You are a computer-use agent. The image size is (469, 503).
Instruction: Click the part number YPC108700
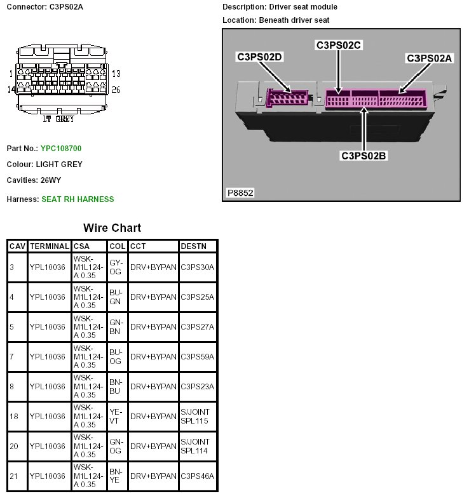tap(61, 149)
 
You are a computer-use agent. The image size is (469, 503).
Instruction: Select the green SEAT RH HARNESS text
tap(78, 199)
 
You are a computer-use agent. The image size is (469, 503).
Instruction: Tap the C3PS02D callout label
tap(259, 57)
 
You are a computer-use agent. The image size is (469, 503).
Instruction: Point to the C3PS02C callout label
tap(338, 45)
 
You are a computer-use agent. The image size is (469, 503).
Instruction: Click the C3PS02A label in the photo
tap(430, 58)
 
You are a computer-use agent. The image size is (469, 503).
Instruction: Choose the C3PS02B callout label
tap(364, 155)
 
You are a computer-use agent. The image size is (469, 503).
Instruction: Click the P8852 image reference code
tap(240, 192)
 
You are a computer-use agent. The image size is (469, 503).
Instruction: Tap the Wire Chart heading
tap(112, 228)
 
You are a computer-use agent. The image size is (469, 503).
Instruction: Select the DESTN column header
tap(193, 246)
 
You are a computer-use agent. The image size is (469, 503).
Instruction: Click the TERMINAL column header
tap(48, 246)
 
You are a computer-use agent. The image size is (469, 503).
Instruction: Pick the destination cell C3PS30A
tap(197, 267)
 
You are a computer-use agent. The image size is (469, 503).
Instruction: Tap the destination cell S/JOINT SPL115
tap(195, 417)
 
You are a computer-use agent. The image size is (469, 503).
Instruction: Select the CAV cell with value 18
tap(14, 417)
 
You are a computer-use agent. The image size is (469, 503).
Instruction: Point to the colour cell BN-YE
tap(116, 476)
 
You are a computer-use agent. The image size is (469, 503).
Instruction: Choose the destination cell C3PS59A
tap(197, 357)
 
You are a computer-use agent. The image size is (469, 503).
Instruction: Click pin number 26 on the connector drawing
tap(116, 90)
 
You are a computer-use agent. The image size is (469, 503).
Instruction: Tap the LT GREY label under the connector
tap(58, 119)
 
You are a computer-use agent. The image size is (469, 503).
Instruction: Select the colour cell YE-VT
tap(116, 417)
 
